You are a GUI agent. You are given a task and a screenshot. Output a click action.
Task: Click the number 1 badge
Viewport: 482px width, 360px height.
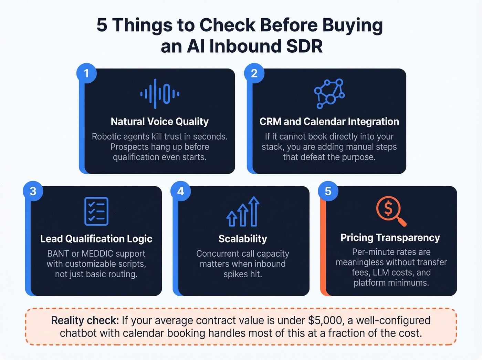pyautogui.click(x=86, y=73)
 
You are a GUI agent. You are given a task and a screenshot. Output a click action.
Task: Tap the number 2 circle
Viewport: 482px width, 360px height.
pyautogui.click(x=254, y=73)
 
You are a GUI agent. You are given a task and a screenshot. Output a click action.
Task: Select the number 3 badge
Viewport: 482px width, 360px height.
pyautogui.click(x=33, y=191)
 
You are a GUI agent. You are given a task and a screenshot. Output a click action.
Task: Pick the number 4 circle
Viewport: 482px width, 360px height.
pyautogui.click(x=180, y=191)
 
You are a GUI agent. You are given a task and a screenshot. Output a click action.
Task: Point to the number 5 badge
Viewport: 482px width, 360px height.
pyautogui.click(x=328, y=191)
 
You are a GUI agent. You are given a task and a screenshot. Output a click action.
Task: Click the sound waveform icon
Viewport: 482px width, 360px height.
pyautogui.click(x=160, y=94)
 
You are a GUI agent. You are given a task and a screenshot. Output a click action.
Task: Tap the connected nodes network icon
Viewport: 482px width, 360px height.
pyautogui.click(x=329, y=94)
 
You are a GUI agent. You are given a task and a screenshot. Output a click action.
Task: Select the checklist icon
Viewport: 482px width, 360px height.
pyautogui.click(x=96, y=211)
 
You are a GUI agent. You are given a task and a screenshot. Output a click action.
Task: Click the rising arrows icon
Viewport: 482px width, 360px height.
pyautogui.click(x=243, y=212)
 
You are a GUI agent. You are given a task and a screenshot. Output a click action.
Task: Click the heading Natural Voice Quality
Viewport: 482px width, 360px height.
pyautogui.click(x=160, y=122)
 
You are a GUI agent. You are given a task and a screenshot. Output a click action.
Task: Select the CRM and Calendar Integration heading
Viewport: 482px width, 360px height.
pyautogui.click(x=329, y=122)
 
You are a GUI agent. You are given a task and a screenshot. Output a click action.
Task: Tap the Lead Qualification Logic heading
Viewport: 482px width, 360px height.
pyautogui.click(x=96, y=239)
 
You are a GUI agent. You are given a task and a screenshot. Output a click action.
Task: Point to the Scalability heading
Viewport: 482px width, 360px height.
pyautogui.click(x=243, y=239)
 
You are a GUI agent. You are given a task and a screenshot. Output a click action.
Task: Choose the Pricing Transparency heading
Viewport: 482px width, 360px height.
pyautogui.click(x=390, y=238)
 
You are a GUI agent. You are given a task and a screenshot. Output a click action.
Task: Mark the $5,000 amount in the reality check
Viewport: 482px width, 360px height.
pyautogui.click(x=326, y=320)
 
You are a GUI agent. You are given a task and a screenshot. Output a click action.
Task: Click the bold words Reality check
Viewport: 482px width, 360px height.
pyautogui.click(x=85, y=320)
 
